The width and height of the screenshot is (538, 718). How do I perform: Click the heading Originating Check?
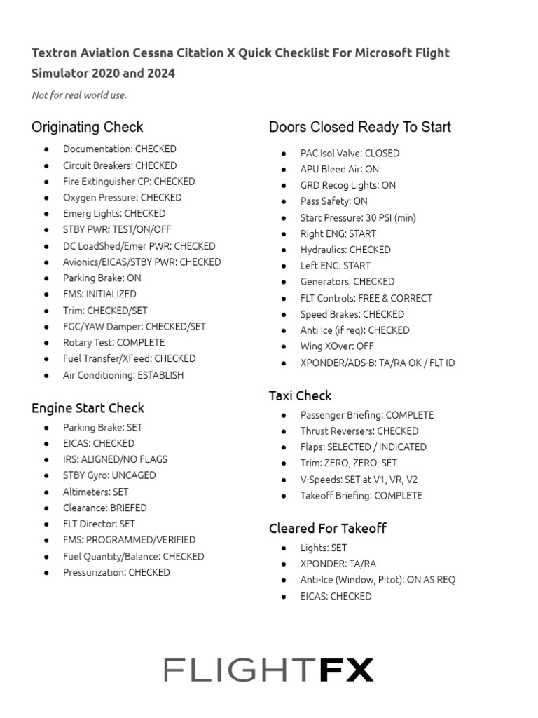click(x=87, y=127)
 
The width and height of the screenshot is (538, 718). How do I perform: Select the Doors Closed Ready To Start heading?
click(x=359, y=127)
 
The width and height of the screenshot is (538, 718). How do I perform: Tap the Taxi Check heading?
click(x=300, y=395)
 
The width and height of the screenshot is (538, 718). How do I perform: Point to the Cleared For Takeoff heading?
click(x=327, y=528)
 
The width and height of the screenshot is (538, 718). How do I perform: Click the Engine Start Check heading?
click(x=88, y=408)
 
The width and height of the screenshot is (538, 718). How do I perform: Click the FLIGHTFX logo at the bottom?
click(x=268, y=670)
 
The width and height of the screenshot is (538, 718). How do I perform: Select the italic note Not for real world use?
click(x=79, y=95)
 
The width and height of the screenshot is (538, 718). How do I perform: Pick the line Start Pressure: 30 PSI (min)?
click(x=357, y=217)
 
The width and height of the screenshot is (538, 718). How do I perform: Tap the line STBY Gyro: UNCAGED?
click(x=109, y=475)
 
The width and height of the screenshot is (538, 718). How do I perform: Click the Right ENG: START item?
click(x=338, y=233)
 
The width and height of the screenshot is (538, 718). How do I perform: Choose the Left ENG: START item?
click(x=335, y=266)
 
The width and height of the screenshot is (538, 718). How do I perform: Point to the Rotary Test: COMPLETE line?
click(x=113, y=343)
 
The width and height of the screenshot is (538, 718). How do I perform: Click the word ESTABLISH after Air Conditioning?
click(x=160, y=375)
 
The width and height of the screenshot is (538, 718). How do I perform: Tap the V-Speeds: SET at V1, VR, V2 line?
click(x=359, y=480)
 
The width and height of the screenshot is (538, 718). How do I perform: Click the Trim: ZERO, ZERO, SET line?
click(x=348, y=463)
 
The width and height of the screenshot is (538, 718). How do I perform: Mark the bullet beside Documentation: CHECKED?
click(x=47, y=149)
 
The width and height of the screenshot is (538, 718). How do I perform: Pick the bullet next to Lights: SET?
click(x=284, y=548)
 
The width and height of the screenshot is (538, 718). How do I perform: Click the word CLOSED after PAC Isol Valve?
click(x=382, y=153)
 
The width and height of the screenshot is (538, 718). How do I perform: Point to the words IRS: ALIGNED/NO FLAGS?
click(x=115, y=459)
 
